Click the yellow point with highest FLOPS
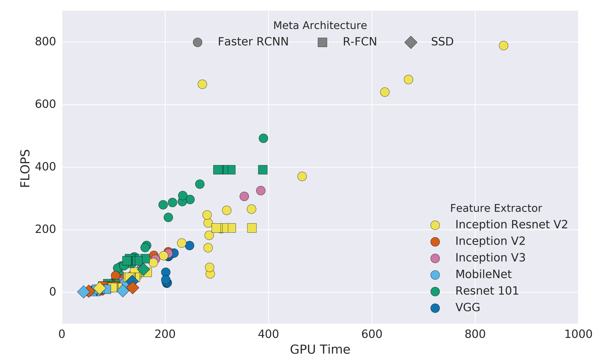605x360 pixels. pyautogui.click(x=503, y=45)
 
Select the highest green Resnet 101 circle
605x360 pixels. pyautogui.click(x=263, y=138)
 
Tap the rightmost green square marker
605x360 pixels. pyautogui.click(x=262, y=170)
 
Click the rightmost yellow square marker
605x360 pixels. pyautogui.click(x=252, y=228)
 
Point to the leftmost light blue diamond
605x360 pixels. pyautogui.click(x=83, y=292)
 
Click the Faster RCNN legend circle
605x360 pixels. pyautogui.click(x=197, y=42)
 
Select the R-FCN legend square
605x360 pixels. pyautogui.click(x=322, y=42)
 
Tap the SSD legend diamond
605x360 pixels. pyautogui.click(x=411, y=42)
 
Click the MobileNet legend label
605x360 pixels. pyautogui.click(x=483, y=274)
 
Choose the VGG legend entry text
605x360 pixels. pyautogui.click(x=467, y=307)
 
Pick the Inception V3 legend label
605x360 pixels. pyautogui.click(x=490, y=257)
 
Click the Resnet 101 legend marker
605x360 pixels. pyautogui.click(x=435, y=291)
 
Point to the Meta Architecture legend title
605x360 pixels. pyautogui.click(x=320, y=25)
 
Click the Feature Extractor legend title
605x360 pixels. pyautogui.click(x=496, y=208)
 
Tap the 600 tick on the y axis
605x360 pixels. pyautogui.click(x=45, y=104)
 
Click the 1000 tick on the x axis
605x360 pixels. pyautogui.click(x=578, y=334)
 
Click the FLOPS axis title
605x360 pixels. pyautogui.click(x=25, y=168)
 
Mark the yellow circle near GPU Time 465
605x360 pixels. pyautogui.click(x=302, y=176)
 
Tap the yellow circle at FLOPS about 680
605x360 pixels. pyautogui.click(x=408, y=80)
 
